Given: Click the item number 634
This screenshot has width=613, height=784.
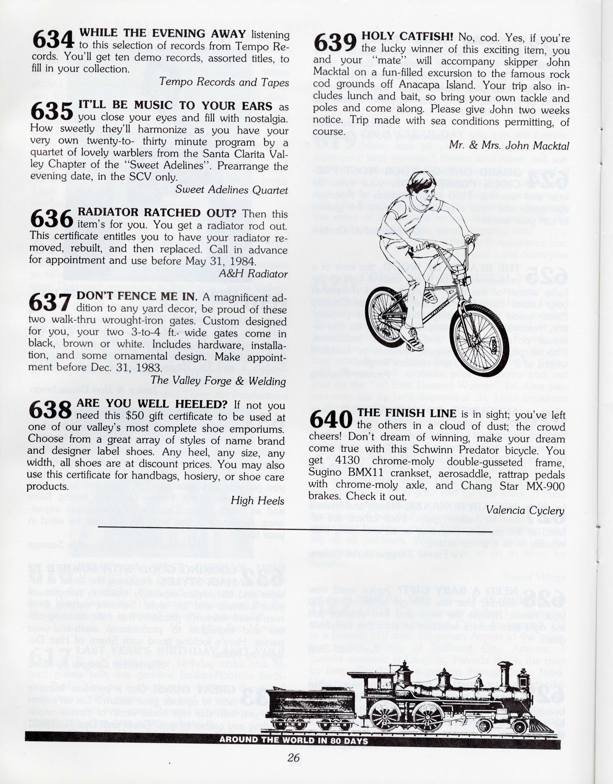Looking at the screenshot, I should [x=53, y=40].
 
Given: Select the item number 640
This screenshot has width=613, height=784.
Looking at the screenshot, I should [x=331, y=419].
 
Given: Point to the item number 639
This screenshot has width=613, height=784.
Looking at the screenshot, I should [x=335, y=43].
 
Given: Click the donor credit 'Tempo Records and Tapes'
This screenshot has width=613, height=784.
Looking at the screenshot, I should [x=224, y=82].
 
